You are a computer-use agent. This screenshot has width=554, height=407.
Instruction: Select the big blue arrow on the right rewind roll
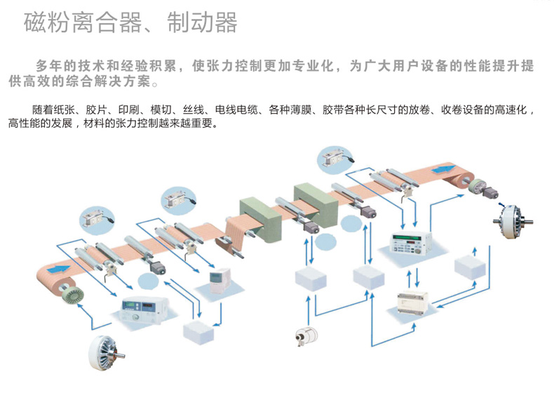click(x=442, y=169)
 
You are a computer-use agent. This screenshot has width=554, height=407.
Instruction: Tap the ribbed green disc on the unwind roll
click(x=72, y=293)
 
